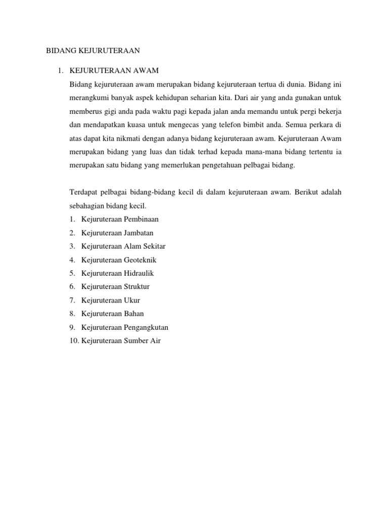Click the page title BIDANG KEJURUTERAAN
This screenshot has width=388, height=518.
click(92, 50)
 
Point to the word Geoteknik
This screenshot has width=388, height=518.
click(140, 260)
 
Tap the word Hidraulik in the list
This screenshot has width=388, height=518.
click(138, 273)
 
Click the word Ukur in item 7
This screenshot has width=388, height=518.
click(132, 300)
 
